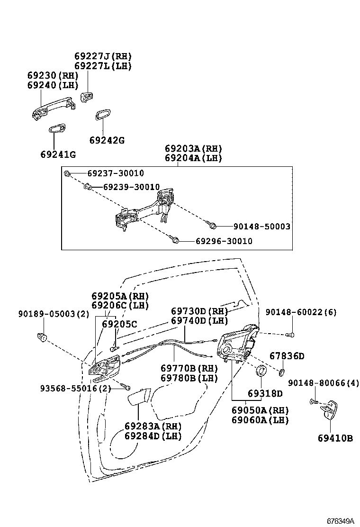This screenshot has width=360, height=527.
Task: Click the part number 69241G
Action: tap(58, 154)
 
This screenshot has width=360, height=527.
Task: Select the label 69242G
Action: tap(107, 140)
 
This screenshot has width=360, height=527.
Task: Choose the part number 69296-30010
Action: tap(224, 241)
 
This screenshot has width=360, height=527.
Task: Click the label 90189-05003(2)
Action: tap(54, 313)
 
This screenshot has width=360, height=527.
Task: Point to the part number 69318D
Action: tap(265, 393)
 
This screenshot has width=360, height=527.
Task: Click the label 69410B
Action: tap(335, 438)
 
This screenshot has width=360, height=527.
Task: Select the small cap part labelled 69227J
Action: tap(86, 97)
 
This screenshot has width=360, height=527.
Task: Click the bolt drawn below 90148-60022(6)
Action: tap(291, 335)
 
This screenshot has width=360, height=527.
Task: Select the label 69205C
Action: tap(119, 324)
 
